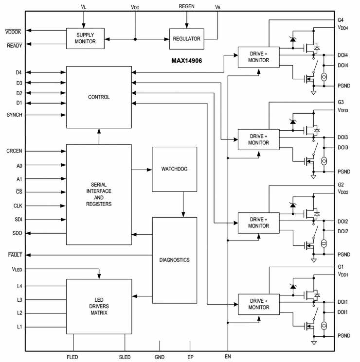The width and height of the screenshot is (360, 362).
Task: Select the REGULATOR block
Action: [187, 38]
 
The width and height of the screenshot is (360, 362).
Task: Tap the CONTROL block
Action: [99, 97]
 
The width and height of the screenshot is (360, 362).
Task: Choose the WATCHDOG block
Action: [174, 169]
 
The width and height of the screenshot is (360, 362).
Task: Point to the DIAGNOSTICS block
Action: [174, 259]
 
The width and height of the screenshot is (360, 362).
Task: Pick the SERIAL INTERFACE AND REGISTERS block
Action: [99, 194]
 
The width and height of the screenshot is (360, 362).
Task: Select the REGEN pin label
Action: [187, 7]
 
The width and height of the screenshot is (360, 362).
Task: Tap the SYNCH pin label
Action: [15, 115]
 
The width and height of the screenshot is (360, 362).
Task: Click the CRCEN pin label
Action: [15, 152]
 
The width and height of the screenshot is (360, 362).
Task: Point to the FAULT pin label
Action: [14, 255]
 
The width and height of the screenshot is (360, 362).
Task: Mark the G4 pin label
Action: [341, 20]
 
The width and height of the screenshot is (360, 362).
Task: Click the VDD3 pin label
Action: [343, 110]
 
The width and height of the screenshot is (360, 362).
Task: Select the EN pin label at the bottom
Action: [227, 357]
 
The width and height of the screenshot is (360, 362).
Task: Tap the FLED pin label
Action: [72, 357]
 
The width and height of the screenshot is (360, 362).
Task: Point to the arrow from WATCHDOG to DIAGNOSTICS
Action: [183, 204]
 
